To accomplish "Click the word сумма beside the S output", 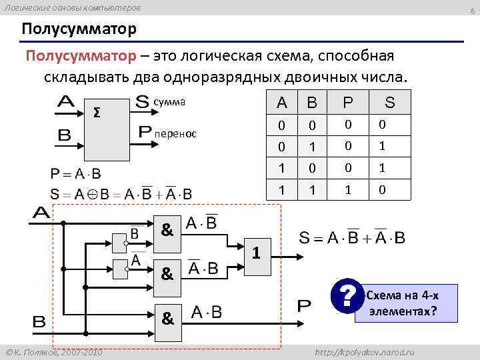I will pyautogui.click(x=169, y=102).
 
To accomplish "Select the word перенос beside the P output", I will pyautogui.click(x=175, y=134).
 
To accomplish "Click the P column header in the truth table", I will pyautogui.click(x=347, y=103).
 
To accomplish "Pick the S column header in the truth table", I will pyautogui.click(x=390, y=103).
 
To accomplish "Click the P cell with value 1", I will pyautogui.click(x=347, y=190).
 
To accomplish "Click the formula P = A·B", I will pyautogui.click(x=76, y=175).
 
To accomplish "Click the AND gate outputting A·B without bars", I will pyautogui.click(x=167, y=319).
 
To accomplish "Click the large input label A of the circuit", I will pyautogui.click(x=41, y=213).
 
